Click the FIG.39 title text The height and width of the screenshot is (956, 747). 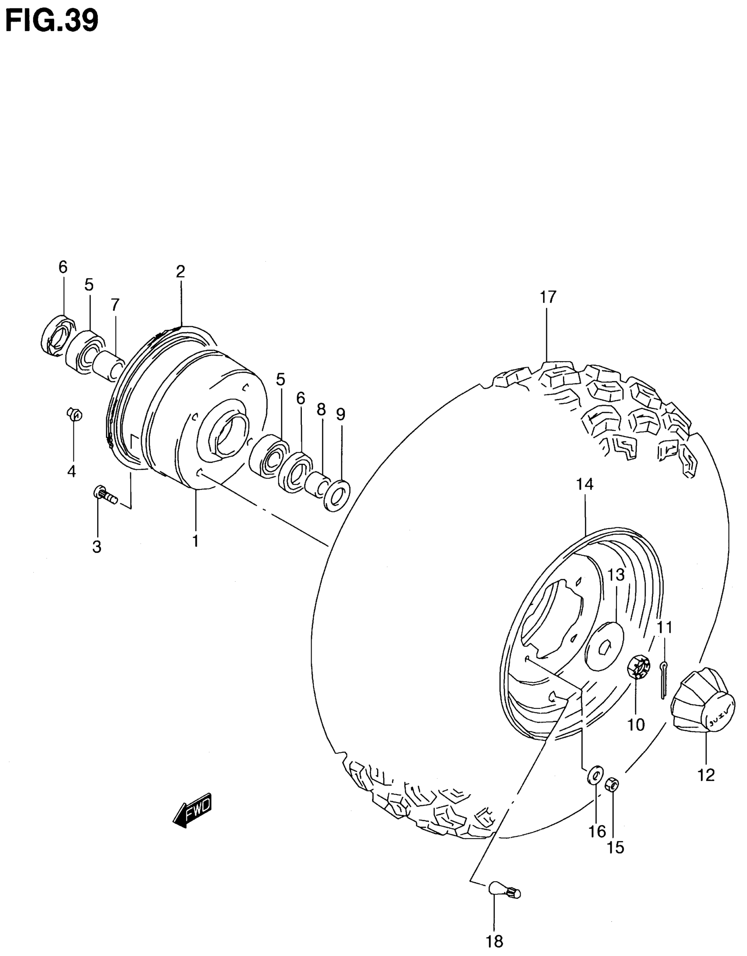coord(52,20)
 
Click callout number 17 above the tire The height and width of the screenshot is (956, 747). coord(548,297)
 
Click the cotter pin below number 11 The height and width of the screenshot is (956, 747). coord(664,685)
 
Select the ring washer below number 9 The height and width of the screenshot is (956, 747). coord(337,496)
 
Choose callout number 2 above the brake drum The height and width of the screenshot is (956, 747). coord(180,272)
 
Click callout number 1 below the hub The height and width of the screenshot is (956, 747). coord(195,540)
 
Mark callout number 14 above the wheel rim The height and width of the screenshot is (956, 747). coord(585,484)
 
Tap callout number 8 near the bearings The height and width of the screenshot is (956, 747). coord(321,410)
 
